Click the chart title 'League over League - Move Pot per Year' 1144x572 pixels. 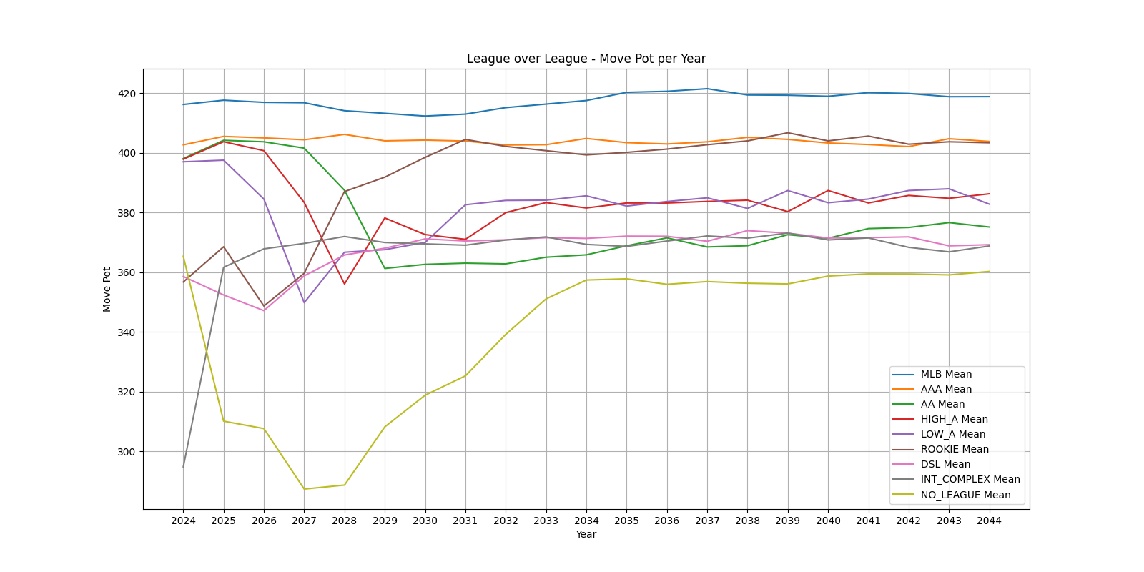pos(586,59)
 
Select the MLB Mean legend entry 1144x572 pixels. pos(945,374)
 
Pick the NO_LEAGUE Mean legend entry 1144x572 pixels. pos(965,495)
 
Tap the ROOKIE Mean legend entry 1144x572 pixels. pos(955,449)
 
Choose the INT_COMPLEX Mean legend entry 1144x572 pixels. pos(970,479)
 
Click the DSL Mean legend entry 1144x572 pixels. pos(945,464)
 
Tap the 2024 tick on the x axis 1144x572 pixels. pos(183,521)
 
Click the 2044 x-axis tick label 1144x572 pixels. pos(989,521)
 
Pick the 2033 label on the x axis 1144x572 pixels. pos(546,521)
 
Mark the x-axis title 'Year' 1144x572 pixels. pos(586,534)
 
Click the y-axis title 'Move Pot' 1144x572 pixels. pos(107,289)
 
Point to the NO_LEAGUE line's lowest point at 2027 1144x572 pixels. pos(304,489)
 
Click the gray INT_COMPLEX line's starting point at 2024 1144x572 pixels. pos(183,467)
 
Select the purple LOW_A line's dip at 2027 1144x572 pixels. pos(304,302)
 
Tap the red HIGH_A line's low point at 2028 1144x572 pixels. pos(345,284)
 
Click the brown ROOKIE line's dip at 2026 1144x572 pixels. pos(264,306)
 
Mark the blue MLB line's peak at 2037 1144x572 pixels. pos(707,89)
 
